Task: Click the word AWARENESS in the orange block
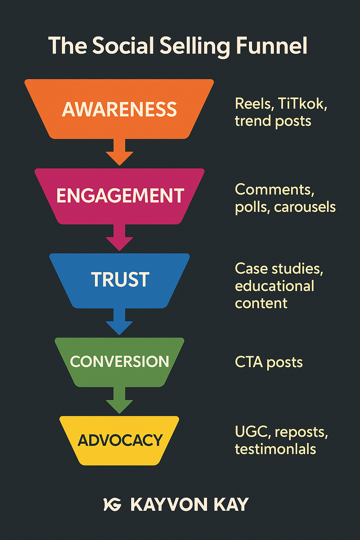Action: click(120, 109)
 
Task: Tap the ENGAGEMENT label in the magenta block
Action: click(120, 196)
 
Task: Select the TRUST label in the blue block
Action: click(120, 280)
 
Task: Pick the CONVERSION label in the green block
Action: click(120, 362)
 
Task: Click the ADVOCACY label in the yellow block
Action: click(120, 441)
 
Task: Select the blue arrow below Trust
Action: click(120, 323)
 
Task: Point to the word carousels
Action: click(305, 207)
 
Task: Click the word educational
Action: click(275, 286)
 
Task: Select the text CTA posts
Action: click(269, 362)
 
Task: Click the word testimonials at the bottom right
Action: click(275, 449)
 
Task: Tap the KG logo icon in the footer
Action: click(112, 504)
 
